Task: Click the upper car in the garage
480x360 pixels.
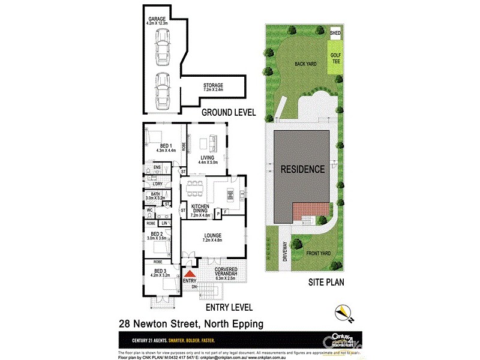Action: point(161,43)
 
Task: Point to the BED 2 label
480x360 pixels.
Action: point(157,236)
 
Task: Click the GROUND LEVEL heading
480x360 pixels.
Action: point(228,112)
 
